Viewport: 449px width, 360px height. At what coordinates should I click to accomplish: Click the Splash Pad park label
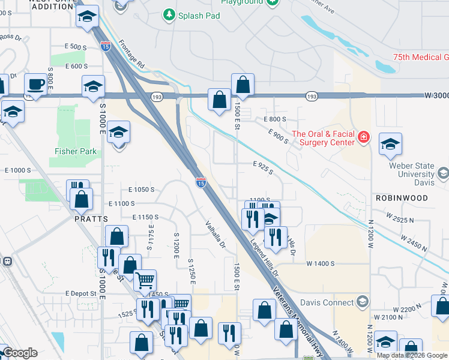(199, 14)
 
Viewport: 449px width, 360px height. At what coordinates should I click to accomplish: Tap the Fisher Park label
(76, 151)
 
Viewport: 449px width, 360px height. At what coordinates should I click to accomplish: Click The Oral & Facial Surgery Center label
(322, 138)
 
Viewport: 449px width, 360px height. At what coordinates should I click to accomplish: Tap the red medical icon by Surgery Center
(363, 138)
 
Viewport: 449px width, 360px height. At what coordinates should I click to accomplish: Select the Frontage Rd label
(132, 53)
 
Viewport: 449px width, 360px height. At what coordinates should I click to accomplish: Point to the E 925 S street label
(263, 168)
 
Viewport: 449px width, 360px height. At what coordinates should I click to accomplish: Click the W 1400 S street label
(320, 263)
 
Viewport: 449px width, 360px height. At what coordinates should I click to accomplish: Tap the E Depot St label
(81, 293)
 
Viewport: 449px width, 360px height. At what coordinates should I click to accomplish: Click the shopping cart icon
(145, 280)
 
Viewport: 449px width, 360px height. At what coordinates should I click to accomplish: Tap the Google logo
(20, 353)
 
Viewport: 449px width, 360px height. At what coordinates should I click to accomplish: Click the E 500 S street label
(76, 46)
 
